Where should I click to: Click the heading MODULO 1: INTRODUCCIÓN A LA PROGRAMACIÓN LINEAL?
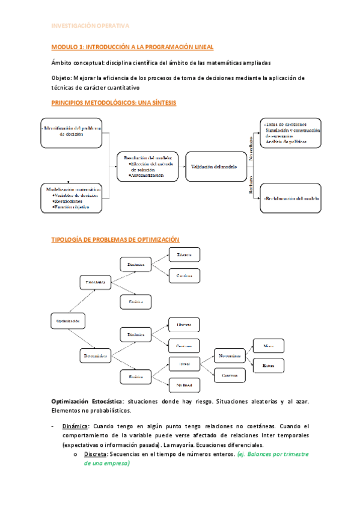(x=132, y=47)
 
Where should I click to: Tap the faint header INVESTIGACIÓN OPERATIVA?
(x=90, y=26)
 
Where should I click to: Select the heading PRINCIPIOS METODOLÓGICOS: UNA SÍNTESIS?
(x=114, y=103)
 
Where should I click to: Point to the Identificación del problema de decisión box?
(x=72, y=132)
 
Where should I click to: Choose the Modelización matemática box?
(x=72, y=198)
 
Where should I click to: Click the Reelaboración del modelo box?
(x=290, y=198)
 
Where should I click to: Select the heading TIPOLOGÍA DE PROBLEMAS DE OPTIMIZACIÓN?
(x=115, y=239)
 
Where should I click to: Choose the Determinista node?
(x=96, y=357)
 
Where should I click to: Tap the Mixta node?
(x=268, y=346)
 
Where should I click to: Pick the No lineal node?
(x=184, y=384)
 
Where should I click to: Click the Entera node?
(x=268, y=365)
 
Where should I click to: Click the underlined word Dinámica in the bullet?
(x=75, y=426)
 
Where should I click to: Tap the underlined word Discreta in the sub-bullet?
(x=97, y=455)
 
